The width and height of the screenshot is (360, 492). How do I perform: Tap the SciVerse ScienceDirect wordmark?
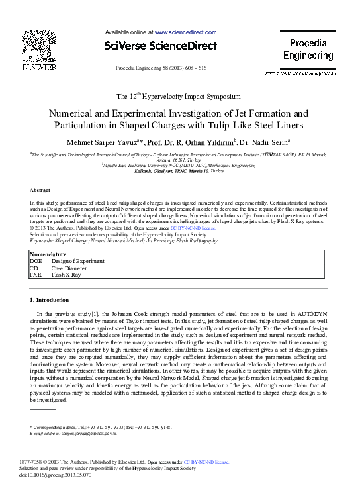click(160, 46)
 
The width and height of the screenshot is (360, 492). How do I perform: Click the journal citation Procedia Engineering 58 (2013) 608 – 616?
click(161, 68)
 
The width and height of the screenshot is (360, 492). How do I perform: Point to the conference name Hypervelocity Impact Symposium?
click(197, 97)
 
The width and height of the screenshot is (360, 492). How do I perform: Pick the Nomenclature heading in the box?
click(48, 254)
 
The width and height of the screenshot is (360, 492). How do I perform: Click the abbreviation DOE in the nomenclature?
click(36, 261)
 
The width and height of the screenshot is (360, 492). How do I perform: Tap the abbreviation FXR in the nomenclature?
click(36, 274)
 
